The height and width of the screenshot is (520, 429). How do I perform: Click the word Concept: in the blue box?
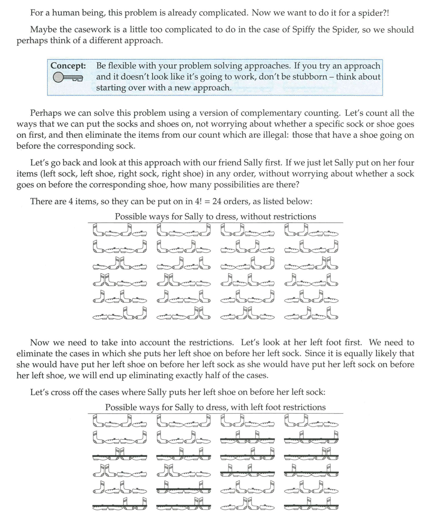point(68,66)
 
